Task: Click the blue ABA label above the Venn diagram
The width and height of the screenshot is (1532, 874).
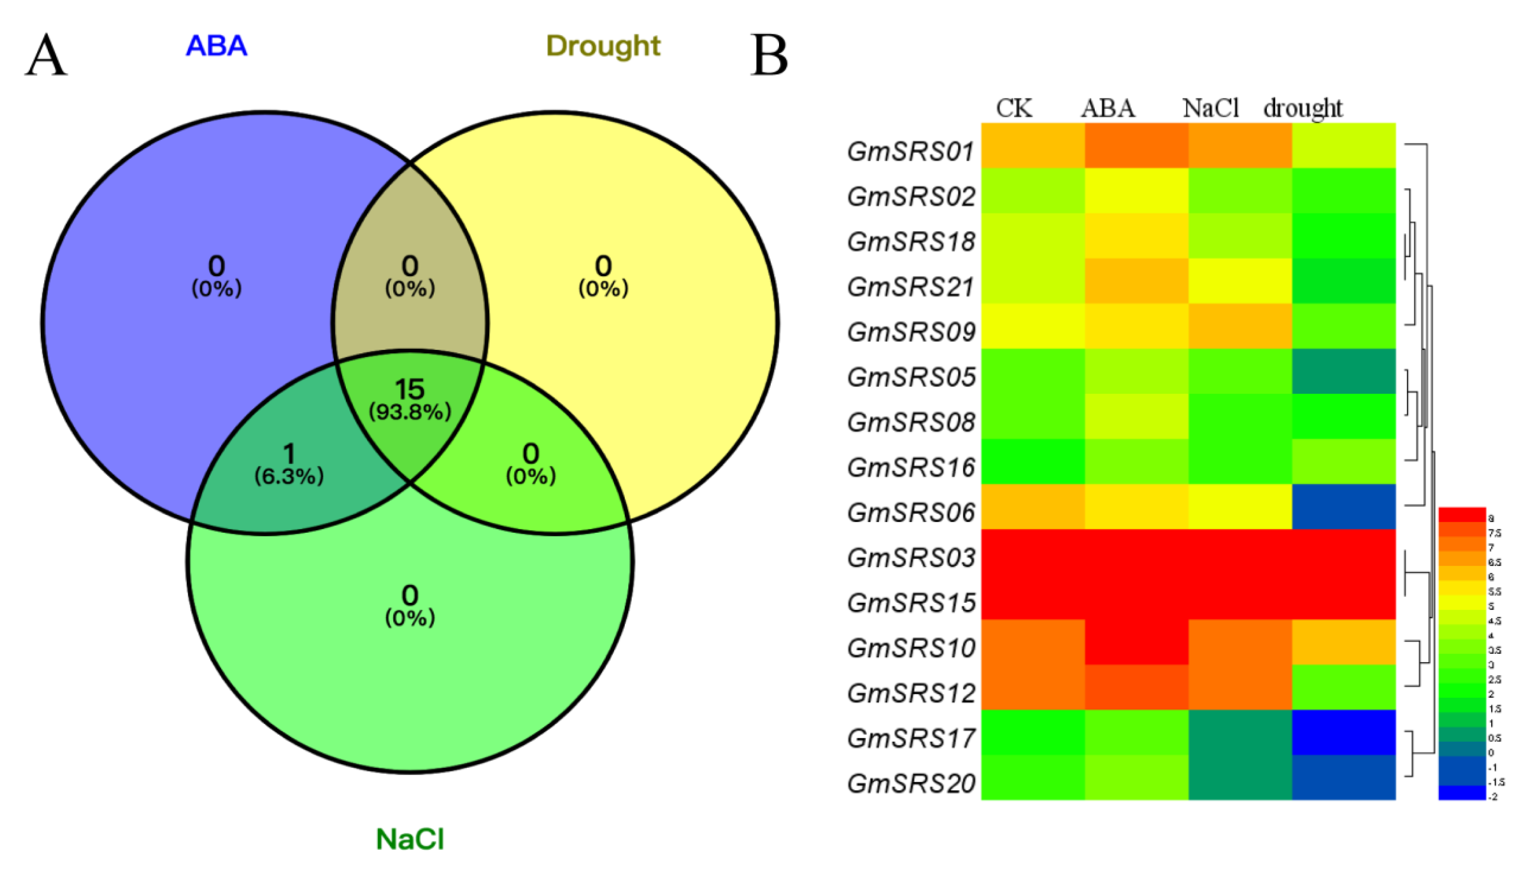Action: pos(216,46)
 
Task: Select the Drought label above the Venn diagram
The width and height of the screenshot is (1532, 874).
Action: pos(603,46)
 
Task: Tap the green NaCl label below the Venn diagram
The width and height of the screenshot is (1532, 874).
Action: pos(410,839)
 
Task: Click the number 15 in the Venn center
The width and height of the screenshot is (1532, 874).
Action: pos(410,389)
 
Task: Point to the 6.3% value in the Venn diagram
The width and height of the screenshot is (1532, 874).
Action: pos(289,477)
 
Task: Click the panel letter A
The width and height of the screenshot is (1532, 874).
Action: pos(46,55)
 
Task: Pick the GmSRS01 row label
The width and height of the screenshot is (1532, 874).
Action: pos(911,151)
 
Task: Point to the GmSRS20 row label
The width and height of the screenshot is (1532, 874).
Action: pos(911,783)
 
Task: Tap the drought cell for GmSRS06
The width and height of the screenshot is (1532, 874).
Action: pos(1343,507)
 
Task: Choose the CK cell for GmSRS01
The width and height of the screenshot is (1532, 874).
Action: pos(1033,145)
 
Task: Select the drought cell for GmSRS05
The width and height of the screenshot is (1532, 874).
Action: pos(1343,371)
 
